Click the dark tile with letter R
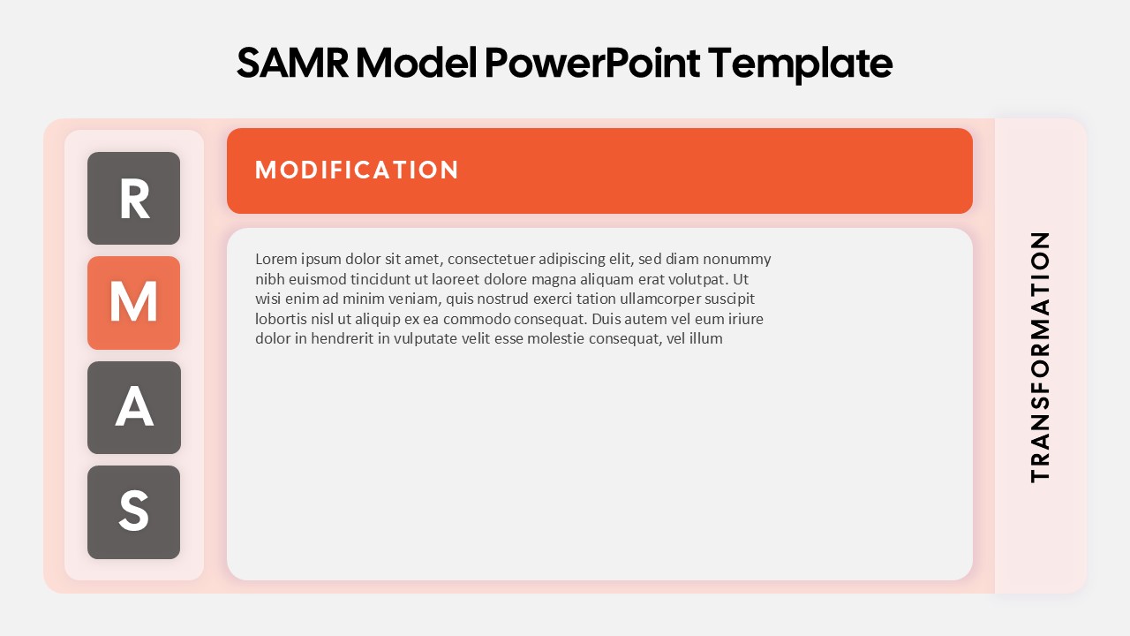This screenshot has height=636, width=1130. coord(133,199)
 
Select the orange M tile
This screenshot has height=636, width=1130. coord(133,303)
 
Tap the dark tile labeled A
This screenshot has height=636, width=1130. coord(133,407)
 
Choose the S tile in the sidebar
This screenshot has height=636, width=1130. coord(133,512)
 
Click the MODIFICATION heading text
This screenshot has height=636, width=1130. coord(357,170)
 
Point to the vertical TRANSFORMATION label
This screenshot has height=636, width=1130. coord(1040,357)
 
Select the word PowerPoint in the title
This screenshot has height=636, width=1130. coord(592,64)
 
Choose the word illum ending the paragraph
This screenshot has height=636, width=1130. coord(705,338)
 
